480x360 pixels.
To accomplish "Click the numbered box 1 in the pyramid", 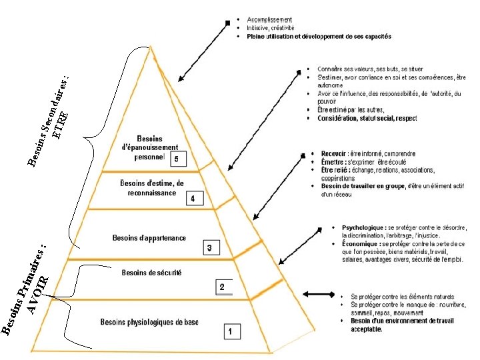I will (x=230, y=331).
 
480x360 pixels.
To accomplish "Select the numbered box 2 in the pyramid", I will (x=222, y=287).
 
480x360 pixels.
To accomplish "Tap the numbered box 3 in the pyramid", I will (x=209, y=248).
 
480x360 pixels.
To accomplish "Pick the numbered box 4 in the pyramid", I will (x=193, y=199).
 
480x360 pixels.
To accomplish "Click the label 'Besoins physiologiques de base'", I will (x=149, y=323).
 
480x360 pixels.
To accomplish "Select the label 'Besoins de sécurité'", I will (x=151, y=273).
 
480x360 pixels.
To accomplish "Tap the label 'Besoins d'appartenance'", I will (x=149, y=237).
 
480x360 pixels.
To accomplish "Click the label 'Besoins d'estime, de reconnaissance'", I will (x=151, y=188).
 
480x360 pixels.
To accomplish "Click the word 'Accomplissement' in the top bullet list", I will (x=269, y=19).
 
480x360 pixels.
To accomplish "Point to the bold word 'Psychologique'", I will (x=363, y=228).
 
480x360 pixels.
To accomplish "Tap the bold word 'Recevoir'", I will (x=333, y=153).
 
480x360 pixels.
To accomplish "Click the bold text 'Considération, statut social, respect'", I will (x=367, y=119).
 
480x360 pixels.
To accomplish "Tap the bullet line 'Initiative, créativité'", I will (x=271, y=28).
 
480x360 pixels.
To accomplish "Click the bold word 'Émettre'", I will (x=333, y=162).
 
